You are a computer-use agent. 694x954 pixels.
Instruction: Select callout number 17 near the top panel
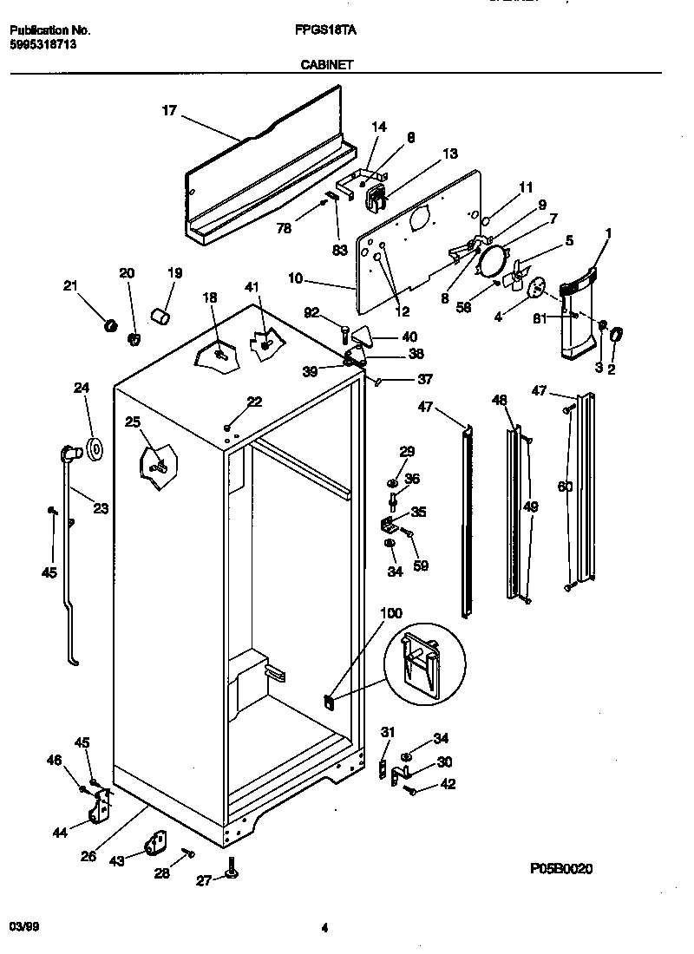click(169, 110)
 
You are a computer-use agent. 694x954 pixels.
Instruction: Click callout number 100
click(391, 613)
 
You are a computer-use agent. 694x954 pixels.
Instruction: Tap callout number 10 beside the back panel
click(297, 278)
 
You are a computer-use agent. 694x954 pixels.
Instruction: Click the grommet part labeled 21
click(110, 324)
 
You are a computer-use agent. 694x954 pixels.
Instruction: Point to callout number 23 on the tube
click(101, 509)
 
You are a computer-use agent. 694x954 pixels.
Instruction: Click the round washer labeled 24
click(93, 449)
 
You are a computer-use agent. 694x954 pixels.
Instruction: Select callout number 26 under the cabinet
click(88, 858)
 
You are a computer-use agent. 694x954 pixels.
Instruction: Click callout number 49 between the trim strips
click(531, 506)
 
